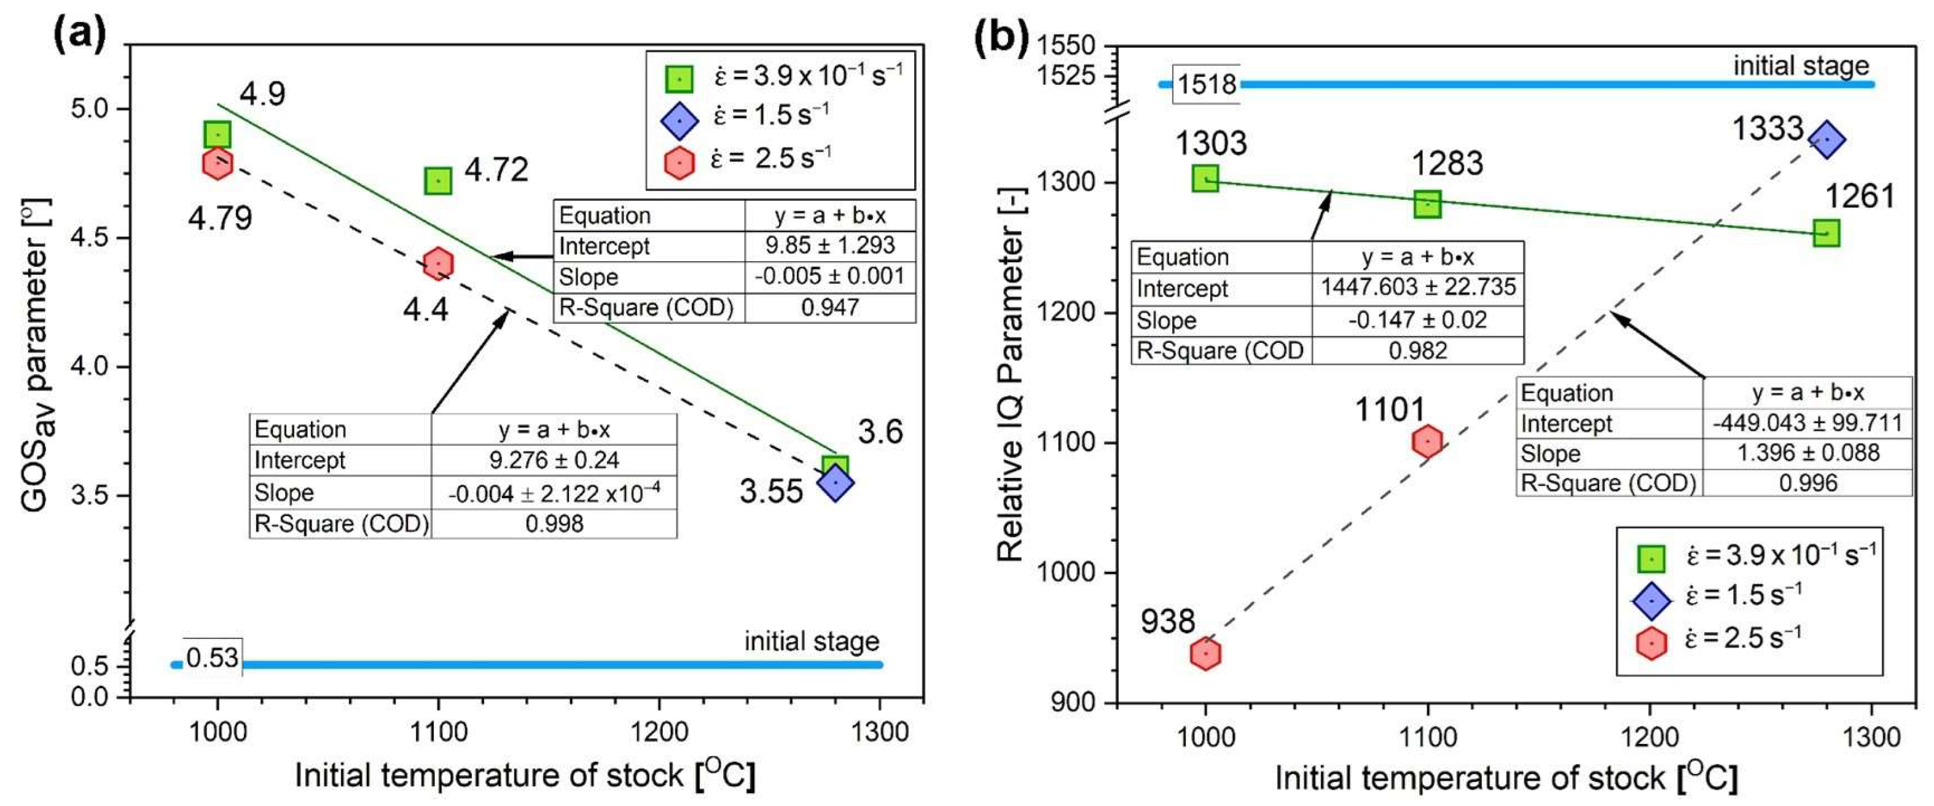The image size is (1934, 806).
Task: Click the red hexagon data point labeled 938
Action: coord(1205,654)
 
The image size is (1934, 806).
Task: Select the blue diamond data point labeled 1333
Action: coord(1826,139)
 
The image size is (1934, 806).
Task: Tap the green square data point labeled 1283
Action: coord(1427,203)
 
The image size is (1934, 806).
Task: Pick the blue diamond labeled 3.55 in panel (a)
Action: coord(836,482)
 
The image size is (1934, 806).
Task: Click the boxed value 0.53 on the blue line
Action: coord(213,658)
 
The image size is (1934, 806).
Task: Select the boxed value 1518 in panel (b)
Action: coord(1207,84)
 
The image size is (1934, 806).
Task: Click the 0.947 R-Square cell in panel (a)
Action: coord(829,308)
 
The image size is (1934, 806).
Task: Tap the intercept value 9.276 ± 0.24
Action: coord(554,460)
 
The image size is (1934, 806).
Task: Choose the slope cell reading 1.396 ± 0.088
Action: coord(1807,453)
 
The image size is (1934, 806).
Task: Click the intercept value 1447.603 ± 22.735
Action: coord(1417,288)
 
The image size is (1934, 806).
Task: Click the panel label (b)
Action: coord(1001,35)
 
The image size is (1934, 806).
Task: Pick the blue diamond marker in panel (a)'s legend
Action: coord(679,121)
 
